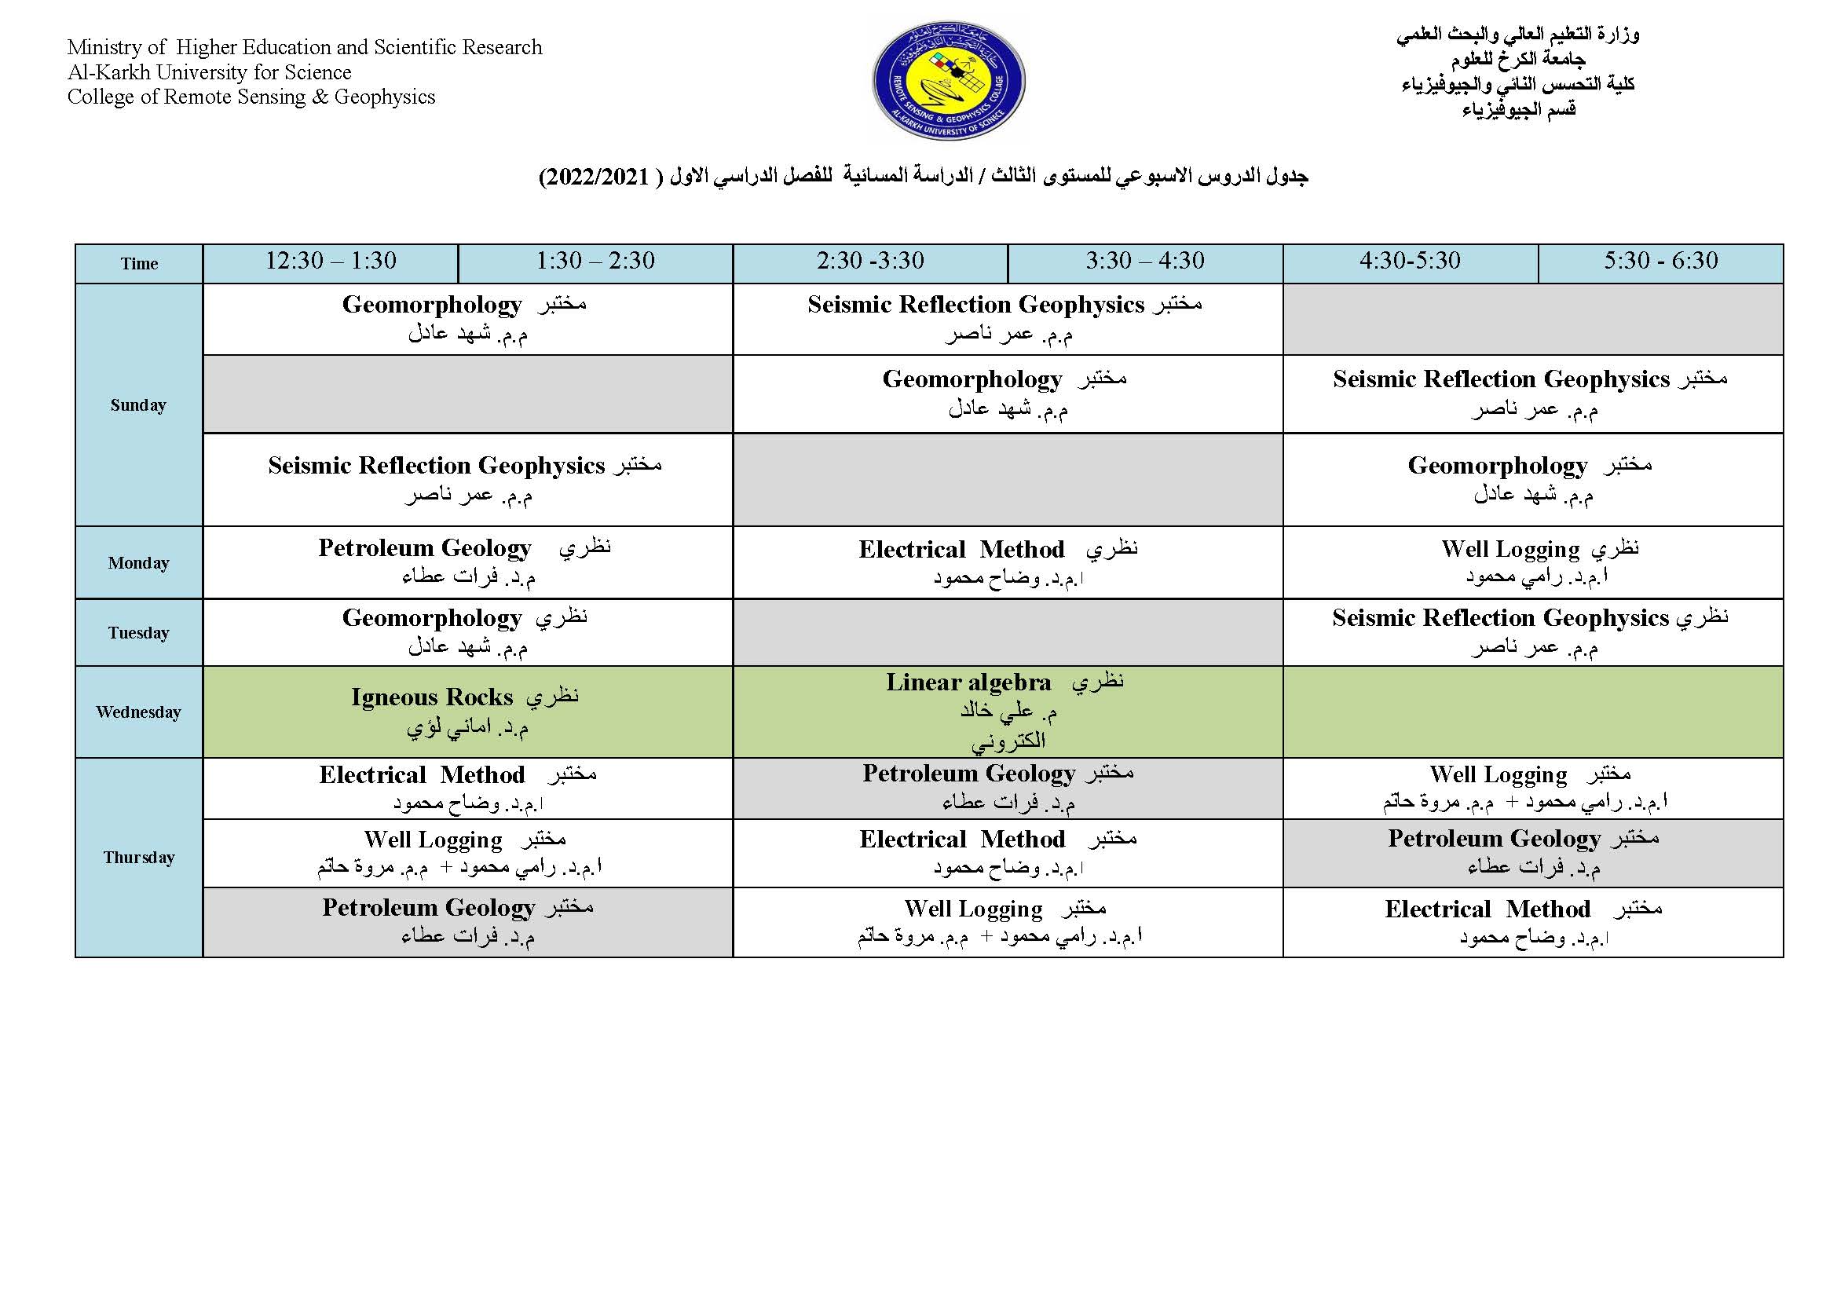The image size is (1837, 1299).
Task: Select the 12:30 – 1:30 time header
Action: [x=331, y=262]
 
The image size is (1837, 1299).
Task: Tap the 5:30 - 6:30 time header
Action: [x=1660, y=262]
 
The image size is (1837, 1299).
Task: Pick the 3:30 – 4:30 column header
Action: [x=1145, y=262]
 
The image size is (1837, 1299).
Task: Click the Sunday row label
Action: [x=138, y=404]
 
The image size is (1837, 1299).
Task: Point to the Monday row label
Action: [x=138, y=562]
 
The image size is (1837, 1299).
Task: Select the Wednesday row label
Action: [x=138, y=712]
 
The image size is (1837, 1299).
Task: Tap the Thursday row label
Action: [x=138, y=858]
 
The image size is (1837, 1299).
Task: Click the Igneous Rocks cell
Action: [x=467, y=712]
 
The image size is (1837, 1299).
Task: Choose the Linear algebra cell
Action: [x=1008, y=711]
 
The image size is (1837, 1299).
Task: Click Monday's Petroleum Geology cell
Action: [x=467, y=562]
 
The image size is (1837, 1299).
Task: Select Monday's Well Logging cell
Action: [x=1532, y=562]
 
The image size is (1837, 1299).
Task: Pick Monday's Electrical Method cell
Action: [x=1008, y=562]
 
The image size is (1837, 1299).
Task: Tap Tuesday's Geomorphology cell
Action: [x=467, y=632]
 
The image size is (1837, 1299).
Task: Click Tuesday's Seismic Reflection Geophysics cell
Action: [x=1532, y=632]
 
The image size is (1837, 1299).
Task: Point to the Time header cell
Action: [x=138, y=263]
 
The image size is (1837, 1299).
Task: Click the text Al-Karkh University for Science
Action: [x=210, y=72]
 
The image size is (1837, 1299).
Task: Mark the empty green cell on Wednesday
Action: [x=1532, y=712]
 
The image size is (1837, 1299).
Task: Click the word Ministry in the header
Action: [x=105, y=47]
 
